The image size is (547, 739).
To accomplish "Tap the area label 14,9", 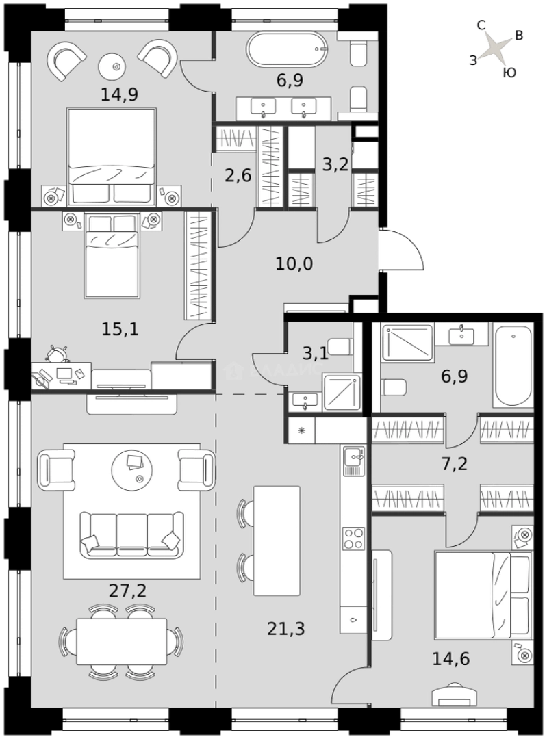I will tap(119, 94).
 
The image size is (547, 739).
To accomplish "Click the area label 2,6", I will tap(238, 175).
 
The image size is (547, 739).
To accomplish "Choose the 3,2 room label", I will tap(335, 164).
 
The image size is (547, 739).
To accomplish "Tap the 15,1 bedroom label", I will tap(121, 329).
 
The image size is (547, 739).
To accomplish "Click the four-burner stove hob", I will tap(353, 538).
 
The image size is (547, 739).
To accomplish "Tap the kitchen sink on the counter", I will tap(353, 460).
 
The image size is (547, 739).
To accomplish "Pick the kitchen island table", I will tap(276, 541).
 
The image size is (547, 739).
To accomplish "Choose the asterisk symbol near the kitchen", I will tap(301, 430).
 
